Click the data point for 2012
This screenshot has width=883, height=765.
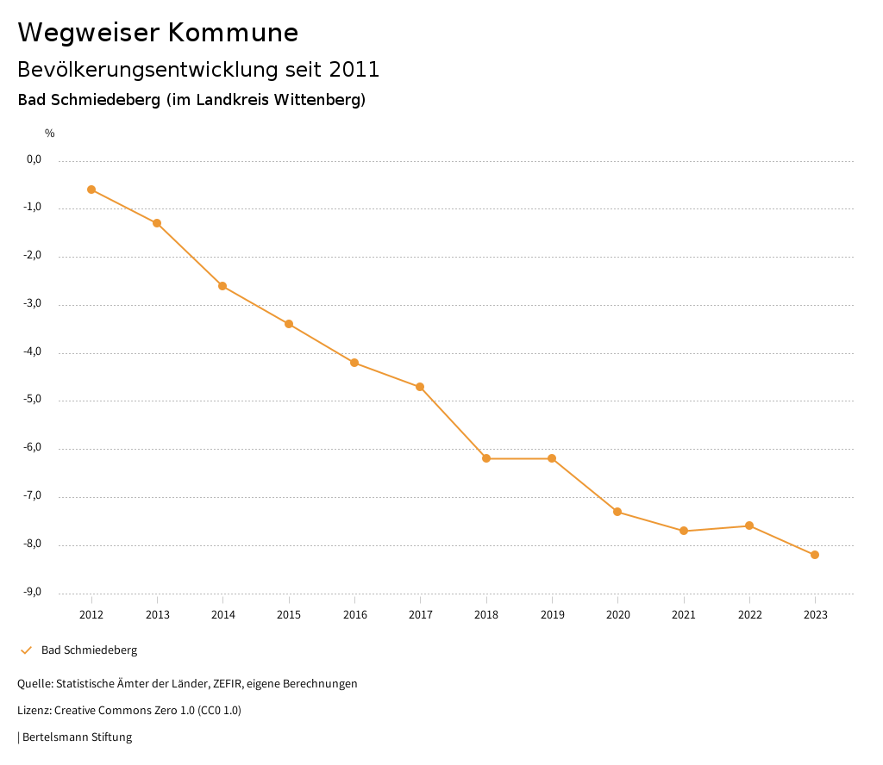91,190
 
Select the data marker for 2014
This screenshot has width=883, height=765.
222,286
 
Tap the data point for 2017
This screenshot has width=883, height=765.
420,387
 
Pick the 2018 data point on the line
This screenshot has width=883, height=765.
486,458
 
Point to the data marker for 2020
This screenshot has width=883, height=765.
617,512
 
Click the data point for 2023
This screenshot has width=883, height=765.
815,555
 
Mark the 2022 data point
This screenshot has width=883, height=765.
749,526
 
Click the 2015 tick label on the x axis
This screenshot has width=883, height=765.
289,615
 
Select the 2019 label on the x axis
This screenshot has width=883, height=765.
552,615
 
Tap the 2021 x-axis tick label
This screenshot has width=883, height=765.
684,615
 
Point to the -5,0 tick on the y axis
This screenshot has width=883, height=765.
34,400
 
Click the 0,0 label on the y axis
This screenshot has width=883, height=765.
34,159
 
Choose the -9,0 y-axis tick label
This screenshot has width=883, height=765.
34,592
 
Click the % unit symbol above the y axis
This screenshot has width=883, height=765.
50,134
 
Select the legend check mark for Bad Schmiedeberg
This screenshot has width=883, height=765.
26,650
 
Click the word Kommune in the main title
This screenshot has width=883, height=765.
233,33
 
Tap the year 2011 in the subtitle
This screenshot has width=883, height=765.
354,70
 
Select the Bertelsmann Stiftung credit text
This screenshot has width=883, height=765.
77,737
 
